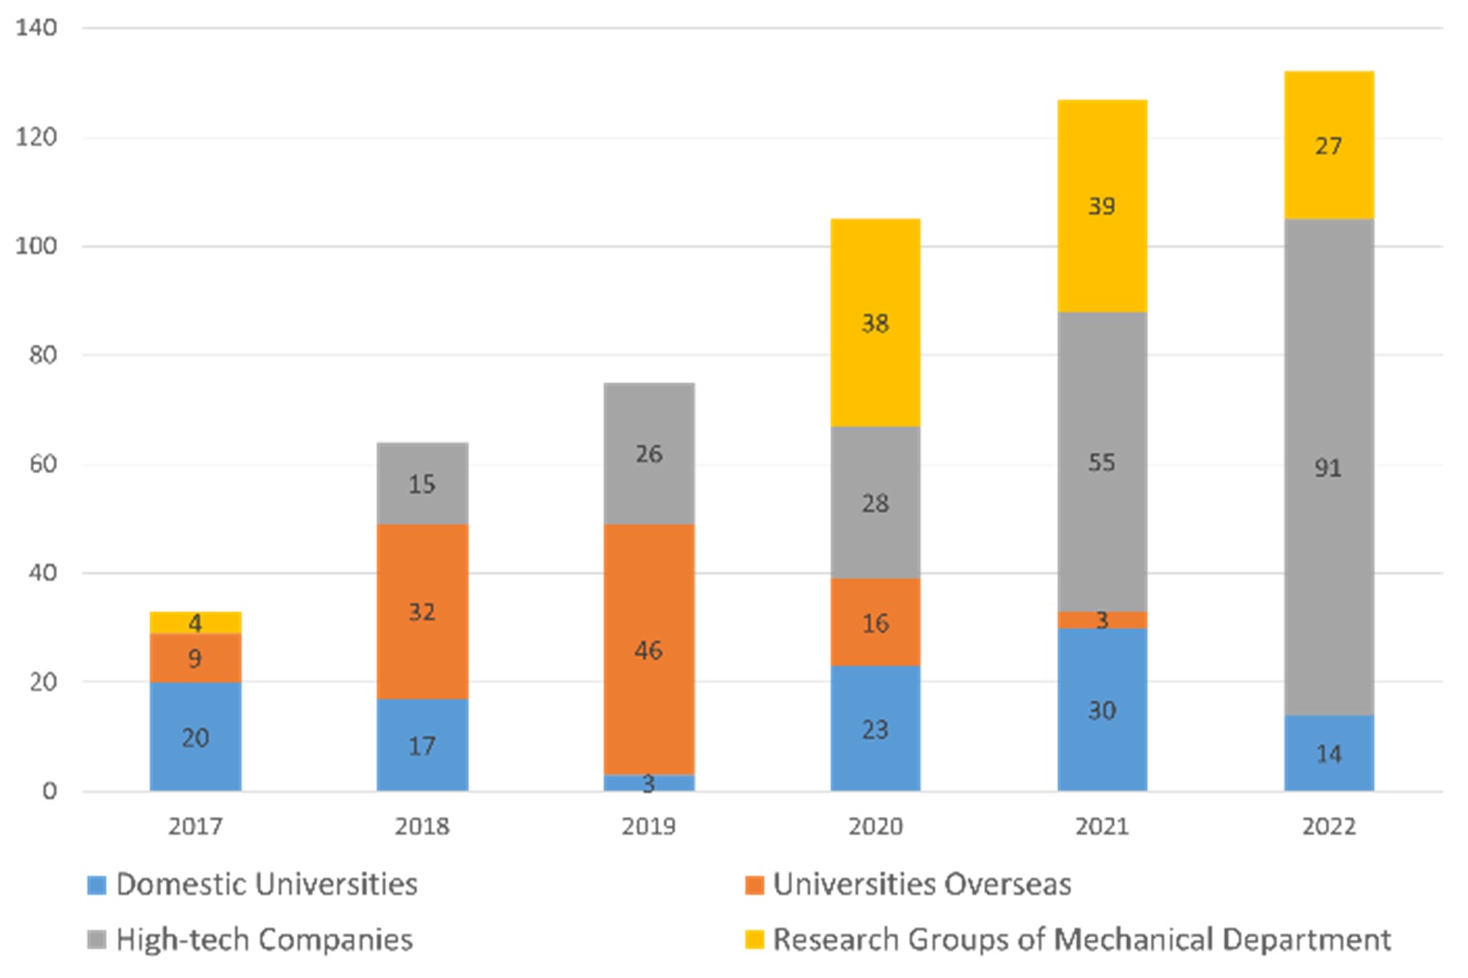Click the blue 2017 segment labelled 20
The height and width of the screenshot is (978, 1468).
pyautogui.click(x=195, y=736)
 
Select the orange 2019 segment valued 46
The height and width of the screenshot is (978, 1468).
pyautogui.click(x=649, y=649)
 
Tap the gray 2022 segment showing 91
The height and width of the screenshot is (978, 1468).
pyautogui.click(x=1328, y=467)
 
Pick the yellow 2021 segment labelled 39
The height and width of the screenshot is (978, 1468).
pyautogui.click(x=1102, y=205)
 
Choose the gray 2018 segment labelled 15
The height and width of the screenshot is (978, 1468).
pyautogui.click(x=422, y=483)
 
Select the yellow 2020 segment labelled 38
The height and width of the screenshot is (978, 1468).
pyautogui.click(x=875, y=322)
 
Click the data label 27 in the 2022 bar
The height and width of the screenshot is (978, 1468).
pyautogui.click(x=1328, y=146)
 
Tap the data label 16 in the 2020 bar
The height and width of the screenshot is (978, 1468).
pyautogui.click(x=875, y=623)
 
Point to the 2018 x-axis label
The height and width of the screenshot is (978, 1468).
pyautogui.click(x=422, y=826)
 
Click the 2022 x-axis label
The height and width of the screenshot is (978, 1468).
pyautogui.click(x=1328, y=826)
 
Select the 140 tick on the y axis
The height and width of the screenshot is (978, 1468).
pyautogui.click(x=37, y=28)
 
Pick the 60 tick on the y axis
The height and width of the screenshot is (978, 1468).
pyautogui.click(x=43, y=464)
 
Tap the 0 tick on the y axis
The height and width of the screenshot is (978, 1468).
pyautogui.click(x=50, y=791)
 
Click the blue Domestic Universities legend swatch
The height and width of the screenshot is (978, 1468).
pyautogui.click(x=97, y=885)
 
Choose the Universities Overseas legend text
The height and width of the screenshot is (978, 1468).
pyautogui.click(x=921, y=884)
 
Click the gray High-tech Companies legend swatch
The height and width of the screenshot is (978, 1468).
pyautogui.click(x=97, y=940)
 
